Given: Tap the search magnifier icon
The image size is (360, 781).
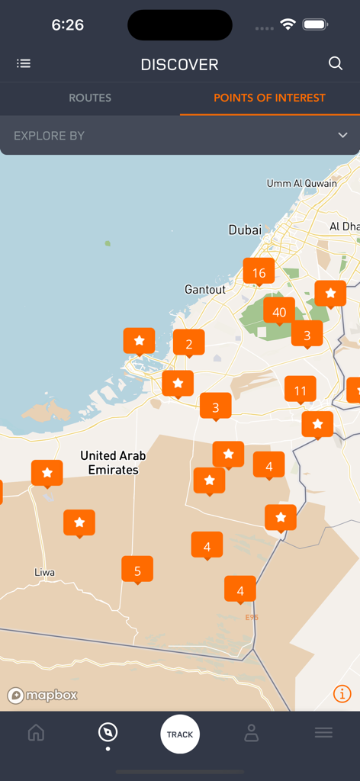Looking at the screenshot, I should (336, 64).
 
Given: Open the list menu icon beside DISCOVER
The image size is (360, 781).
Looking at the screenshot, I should (24, 64).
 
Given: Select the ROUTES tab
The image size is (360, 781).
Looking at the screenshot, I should (90, 98).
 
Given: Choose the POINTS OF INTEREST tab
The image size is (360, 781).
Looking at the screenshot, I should (269, 98).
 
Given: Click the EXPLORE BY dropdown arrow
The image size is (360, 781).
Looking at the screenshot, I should (342, 136).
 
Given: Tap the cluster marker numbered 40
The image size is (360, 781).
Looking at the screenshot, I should (279, 312).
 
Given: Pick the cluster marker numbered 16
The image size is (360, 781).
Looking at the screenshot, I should (259, 272).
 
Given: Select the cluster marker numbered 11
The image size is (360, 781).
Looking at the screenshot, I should (301, 391).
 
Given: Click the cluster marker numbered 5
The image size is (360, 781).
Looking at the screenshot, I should (137, 570).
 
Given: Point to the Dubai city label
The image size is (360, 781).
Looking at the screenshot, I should (245, 230).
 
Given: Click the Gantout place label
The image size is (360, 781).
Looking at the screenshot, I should (205, 290).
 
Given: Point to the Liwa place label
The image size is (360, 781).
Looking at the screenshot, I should (45, 572).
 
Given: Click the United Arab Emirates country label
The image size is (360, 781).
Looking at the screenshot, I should (114, 463).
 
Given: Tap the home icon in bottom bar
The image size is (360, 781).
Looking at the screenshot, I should (36, 733).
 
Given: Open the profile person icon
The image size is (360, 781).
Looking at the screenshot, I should (252, 733).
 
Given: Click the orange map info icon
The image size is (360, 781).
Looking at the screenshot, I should (342, 693).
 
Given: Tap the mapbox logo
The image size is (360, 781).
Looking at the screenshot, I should (43, 696).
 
